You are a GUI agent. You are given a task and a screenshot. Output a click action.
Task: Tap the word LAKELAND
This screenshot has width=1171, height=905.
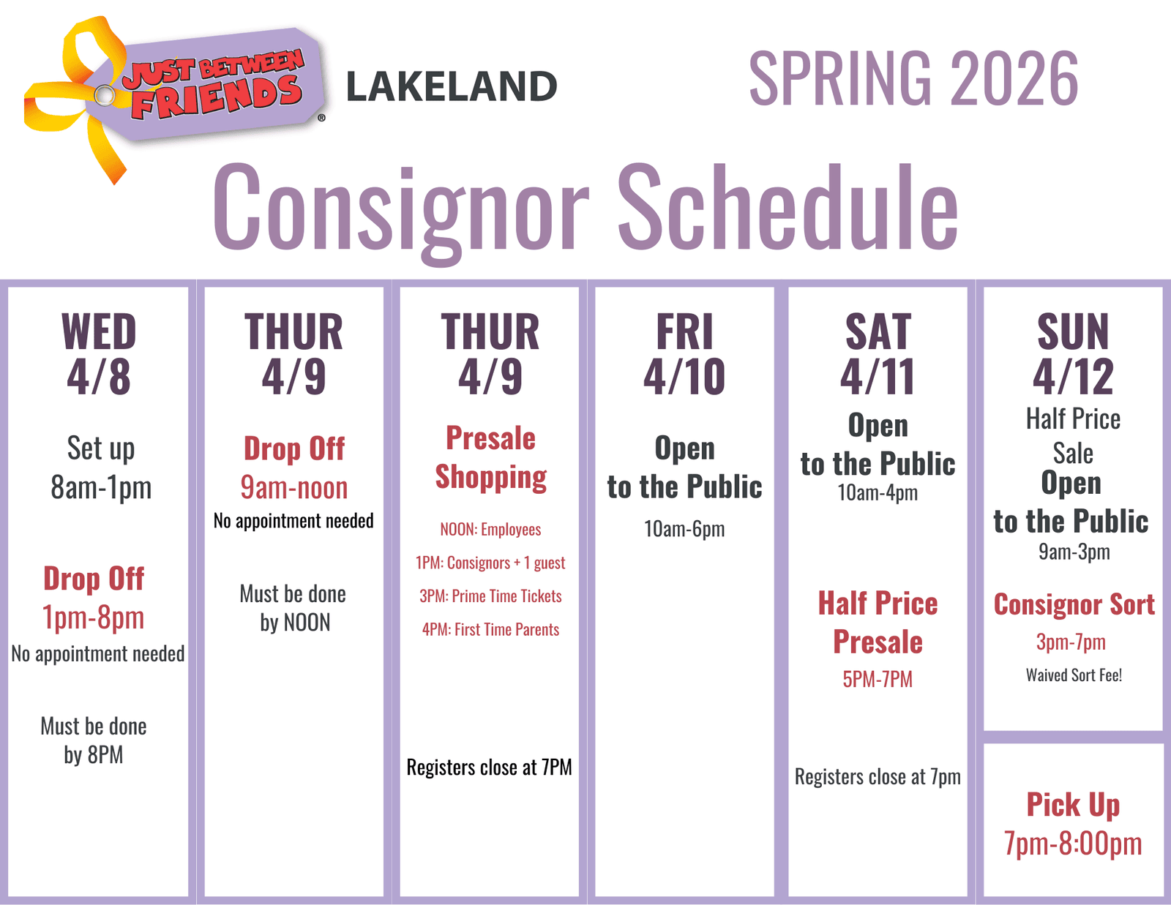point(452,86)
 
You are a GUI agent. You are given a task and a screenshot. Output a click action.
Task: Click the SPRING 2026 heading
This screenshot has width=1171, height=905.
point(913,79)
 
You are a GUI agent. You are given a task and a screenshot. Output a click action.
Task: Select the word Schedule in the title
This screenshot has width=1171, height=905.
point(787,207)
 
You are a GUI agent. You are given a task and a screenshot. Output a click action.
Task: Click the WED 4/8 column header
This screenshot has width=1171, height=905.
point(99,353)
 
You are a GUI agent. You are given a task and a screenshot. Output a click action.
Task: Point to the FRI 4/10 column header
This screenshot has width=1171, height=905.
point(684,353)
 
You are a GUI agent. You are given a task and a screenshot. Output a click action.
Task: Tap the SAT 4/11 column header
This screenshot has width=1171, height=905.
point(878,353)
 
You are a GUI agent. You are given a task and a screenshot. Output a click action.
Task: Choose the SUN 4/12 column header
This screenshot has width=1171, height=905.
point(1073,353)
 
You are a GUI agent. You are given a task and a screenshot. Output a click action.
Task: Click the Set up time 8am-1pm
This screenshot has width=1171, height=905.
point(101,487)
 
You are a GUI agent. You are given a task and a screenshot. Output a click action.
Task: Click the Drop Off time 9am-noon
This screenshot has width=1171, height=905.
point(293,488)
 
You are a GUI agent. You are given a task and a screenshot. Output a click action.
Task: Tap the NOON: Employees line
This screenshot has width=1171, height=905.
point(490,530)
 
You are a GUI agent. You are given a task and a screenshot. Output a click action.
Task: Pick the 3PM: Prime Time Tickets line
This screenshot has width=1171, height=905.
point(490,596)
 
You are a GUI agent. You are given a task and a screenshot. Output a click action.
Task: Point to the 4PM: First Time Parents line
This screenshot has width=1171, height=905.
point(490,630)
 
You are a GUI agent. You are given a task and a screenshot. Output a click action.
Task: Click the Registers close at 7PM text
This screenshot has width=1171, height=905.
point(490,767)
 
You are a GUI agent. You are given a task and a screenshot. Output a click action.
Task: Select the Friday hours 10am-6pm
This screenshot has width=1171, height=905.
point(684,529)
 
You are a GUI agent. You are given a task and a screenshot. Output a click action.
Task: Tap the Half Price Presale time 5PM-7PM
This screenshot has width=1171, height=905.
point(878,679)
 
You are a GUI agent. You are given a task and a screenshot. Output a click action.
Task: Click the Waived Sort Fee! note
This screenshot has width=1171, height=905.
point(1074,675)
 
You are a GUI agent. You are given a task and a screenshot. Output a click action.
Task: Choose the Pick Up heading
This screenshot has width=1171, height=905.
point(1073,805)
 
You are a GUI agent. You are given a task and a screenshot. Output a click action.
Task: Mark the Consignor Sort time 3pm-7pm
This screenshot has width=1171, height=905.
point(1071,642)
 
